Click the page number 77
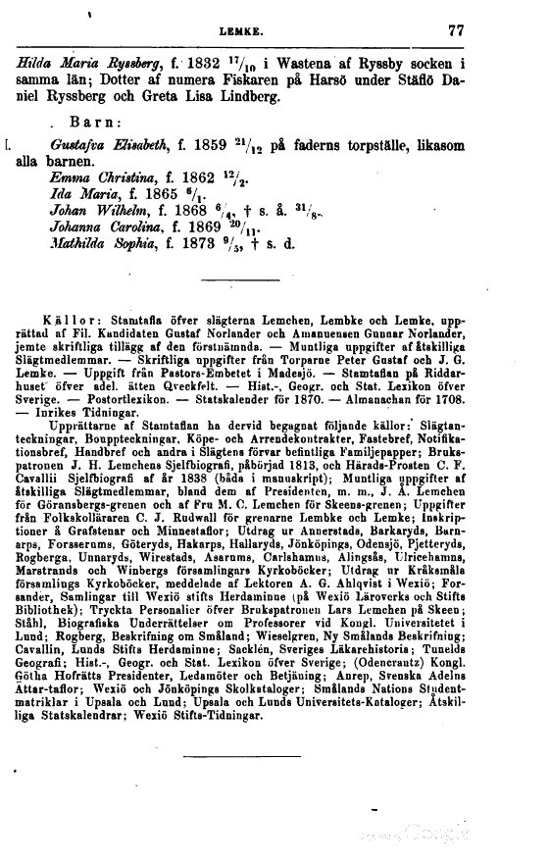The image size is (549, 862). pos(454,30)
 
